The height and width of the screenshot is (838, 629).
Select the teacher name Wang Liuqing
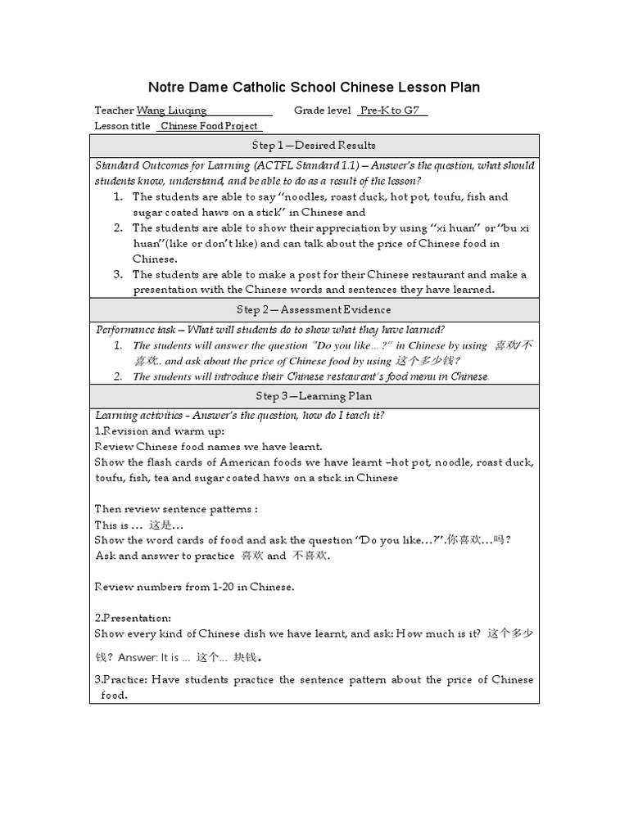(x=171, y=110)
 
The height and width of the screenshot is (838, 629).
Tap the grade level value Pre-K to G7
(x=392, y=110)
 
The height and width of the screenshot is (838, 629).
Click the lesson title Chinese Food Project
(x=210, y=126)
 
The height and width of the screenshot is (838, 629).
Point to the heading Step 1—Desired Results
(x=314, y=145)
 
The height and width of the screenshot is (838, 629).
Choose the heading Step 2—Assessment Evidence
(x=314, y=309)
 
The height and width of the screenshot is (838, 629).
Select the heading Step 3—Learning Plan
(x=314, y=396)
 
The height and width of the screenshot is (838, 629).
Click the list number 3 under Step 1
(x=119, y=274)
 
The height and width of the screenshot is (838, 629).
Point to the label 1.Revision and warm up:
(x=160, y=430)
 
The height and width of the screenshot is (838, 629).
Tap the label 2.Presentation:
(x=133, y=618)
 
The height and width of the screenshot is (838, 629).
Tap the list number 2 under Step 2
(x=119, y=376)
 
